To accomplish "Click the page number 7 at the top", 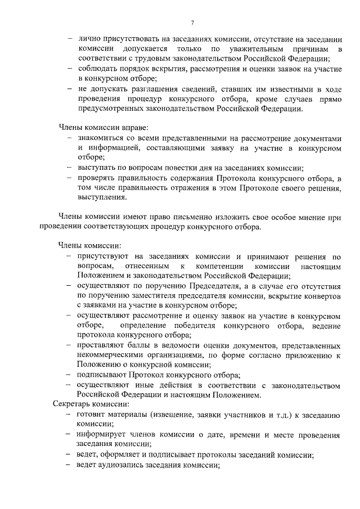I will [x=192, y=22].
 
